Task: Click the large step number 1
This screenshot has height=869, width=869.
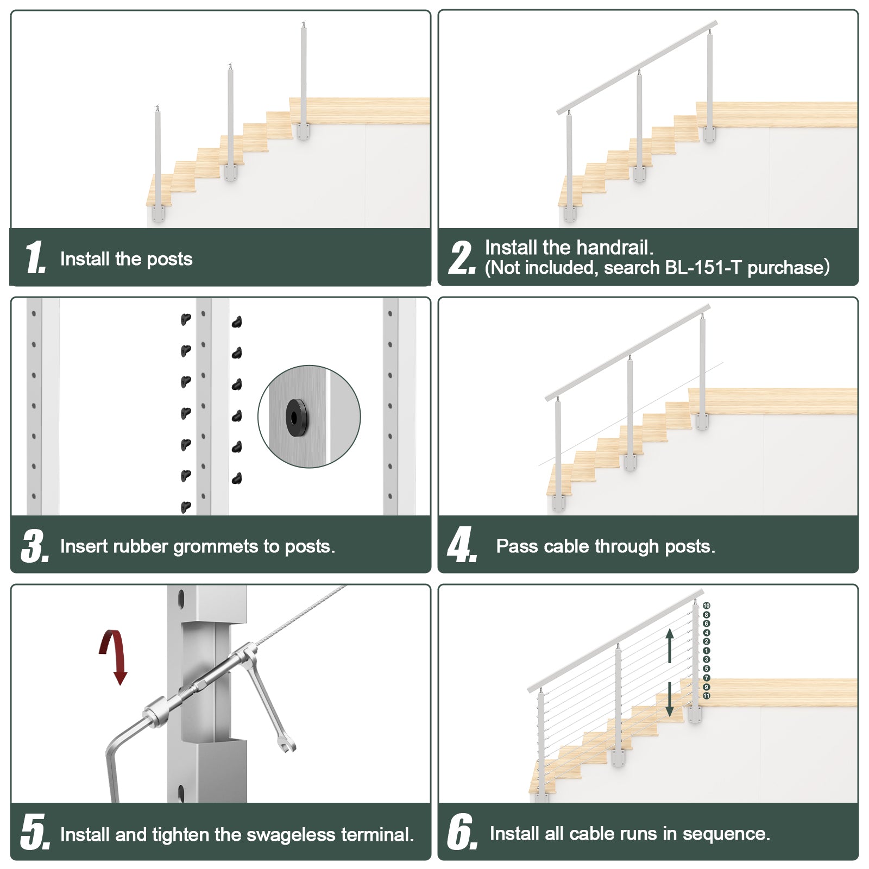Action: (x=34, y=257)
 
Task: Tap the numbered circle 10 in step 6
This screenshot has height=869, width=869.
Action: (x=706, y=606)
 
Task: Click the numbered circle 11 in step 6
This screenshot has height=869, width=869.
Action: (x=706, y=696)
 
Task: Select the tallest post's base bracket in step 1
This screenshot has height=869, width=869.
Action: (x=303, y=132)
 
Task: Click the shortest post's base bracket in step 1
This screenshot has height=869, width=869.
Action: (x=158, y=212)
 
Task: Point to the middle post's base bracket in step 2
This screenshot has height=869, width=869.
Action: (x=639, y=174)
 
